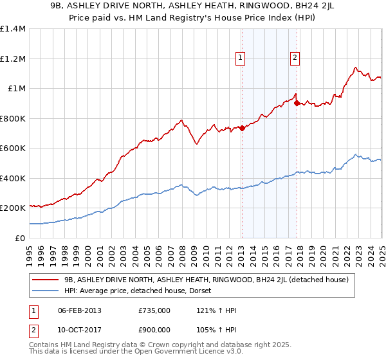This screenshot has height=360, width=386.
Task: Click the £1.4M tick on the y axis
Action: (x=13, y=29)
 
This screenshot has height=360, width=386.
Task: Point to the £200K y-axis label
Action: (x=12, y=208)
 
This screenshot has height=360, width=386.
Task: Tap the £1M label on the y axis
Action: (x=17, y=89)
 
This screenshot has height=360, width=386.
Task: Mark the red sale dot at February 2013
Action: (x=242, y=128)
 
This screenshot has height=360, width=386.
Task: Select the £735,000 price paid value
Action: (x=154, y=310)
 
